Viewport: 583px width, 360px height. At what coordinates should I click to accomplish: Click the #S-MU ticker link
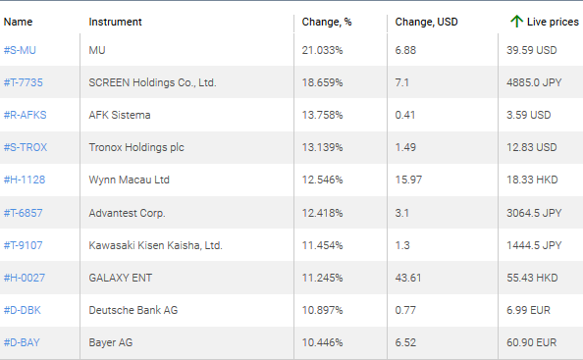click(21, 50)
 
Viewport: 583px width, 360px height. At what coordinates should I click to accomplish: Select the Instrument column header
click(115, 21)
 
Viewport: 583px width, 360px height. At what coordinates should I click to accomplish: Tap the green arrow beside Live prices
click(516, 21)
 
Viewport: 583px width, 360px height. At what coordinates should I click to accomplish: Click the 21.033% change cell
click(322, 50)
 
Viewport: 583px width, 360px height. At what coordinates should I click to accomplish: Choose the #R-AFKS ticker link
click(26, 115)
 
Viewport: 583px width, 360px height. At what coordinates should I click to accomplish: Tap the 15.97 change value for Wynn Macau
click(408, 180)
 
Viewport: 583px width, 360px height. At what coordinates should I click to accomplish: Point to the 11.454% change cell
click(322, 244)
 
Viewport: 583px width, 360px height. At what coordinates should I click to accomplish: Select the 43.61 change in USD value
click(408, 277)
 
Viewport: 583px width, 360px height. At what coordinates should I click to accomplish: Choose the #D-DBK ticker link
click(24, 309)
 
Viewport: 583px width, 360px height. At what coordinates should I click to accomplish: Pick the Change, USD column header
click(426, 21)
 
